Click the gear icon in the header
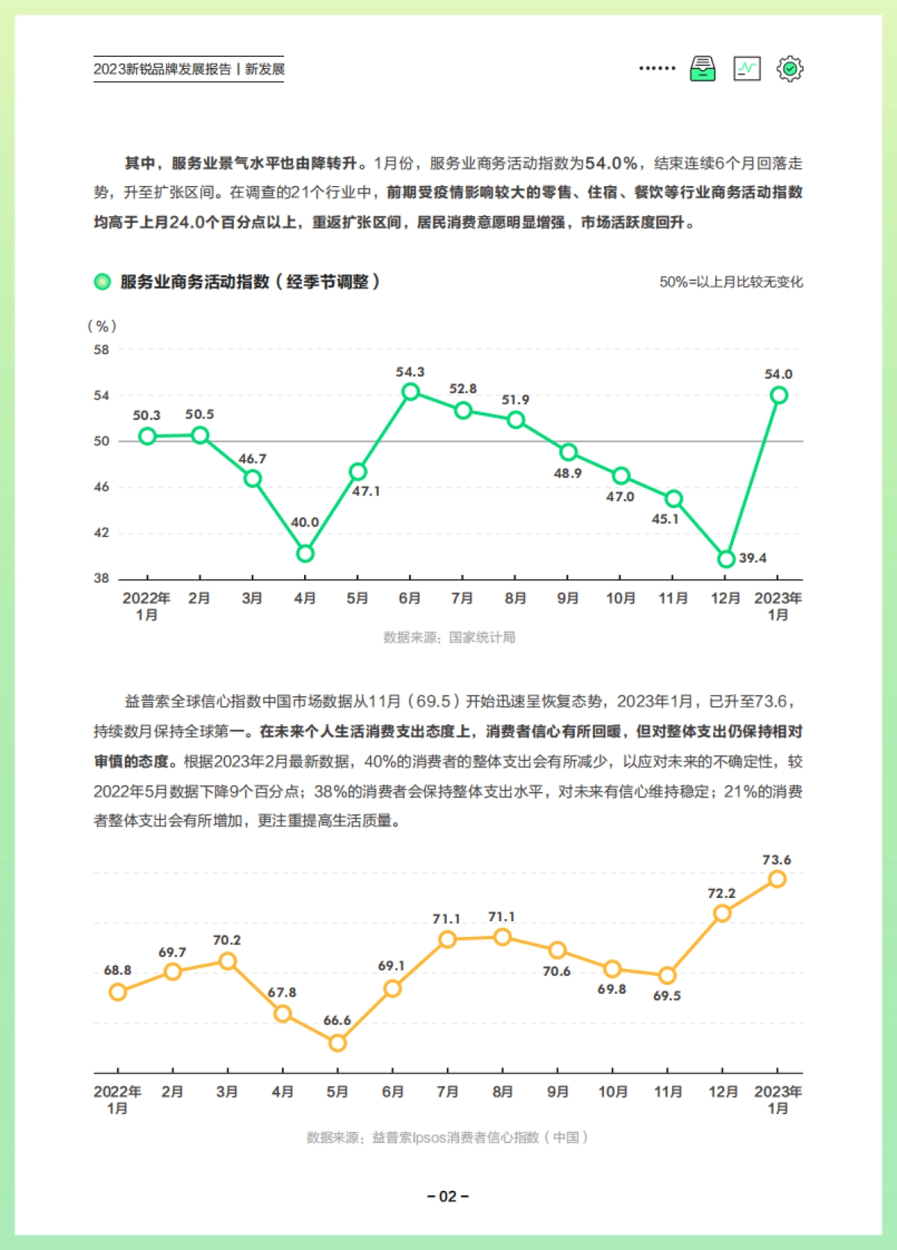point(789,69)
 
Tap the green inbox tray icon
point(702,69)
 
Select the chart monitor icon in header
point(747,69)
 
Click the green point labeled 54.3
point(410,392)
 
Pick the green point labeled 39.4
point(726,559)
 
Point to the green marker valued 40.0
point(305,554)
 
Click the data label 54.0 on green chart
point(778,374)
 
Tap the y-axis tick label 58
point(101,350)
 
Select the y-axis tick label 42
point(101,533)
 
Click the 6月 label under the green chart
point(410,598)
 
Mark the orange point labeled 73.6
point(777,879)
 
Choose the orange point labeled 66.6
point(337,1042)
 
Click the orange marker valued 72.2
point(722,913)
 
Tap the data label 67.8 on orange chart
point(282,993)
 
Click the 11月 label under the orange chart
point(668,1092)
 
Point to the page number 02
point(448,1196)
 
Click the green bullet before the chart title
point(102,282)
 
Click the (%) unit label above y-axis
point(102,326)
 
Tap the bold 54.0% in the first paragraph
point(611,163)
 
